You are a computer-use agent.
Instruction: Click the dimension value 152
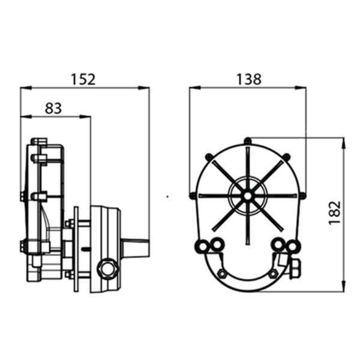pyautogui.click(x=83, y=79)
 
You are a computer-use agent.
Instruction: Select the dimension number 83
pyautogui.click(x=53, y=108)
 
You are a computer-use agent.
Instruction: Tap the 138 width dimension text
pyautogui.click(x=248, y=79)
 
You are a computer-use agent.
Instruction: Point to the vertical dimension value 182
pyautogui.click(x=334, y=212)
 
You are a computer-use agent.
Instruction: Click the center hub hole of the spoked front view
pyautogui.click(x=247, y=194)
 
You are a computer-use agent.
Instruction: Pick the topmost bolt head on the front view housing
pyautogui.click(x=247, y=141)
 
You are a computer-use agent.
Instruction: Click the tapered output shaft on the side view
pyautogui.click(x=134, y=248)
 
